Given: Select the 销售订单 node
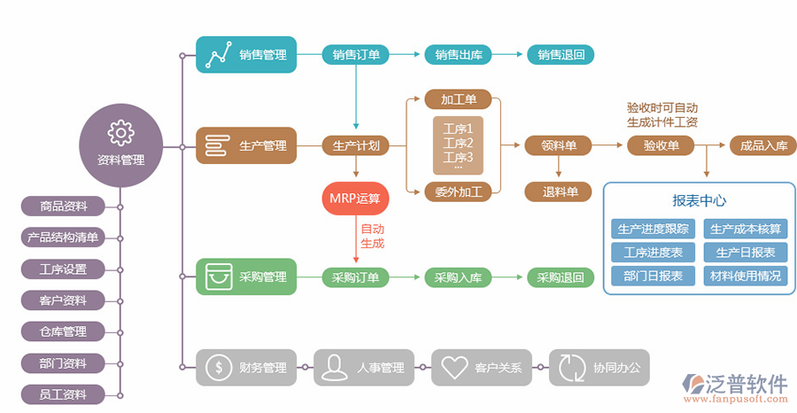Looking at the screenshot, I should (356, 55).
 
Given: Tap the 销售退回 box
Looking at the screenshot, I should (561, 55).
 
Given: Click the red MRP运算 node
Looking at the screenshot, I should (355, 198).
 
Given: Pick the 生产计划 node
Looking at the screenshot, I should (356, 145).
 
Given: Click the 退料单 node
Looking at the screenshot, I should (560, 191).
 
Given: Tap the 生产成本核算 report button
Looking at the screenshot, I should (746, 229).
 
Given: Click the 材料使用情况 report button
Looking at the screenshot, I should (746, 276).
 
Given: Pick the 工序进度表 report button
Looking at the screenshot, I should (653, 253).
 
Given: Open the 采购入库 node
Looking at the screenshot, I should (458, 277).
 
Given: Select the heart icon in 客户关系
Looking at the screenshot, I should (453, 367).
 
